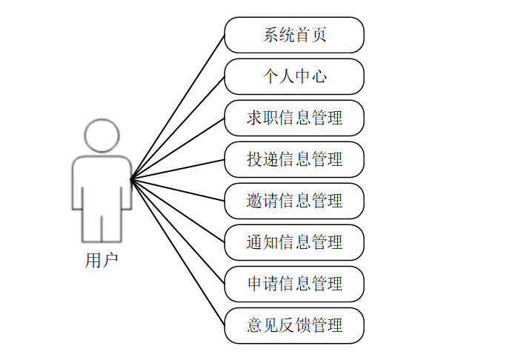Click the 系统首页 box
point(294,35)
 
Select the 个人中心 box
point(294,76)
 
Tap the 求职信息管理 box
point(294,118)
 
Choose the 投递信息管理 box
point(294,159)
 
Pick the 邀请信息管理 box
point(294,201)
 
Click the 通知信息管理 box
point(294,242)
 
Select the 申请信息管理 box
point(294,284)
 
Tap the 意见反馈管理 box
point(294,325)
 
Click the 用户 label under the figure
point(102,261)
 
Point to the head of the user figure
point(102,136)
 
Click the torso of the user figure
point(102,181)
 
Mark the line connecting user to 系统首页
point(178,107)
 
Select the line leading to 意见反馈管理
point(178,253)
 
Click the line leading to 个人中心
point(178,127)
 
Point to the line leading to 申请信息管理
point(178,232)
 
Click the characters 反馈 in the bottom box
point(294,325)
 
